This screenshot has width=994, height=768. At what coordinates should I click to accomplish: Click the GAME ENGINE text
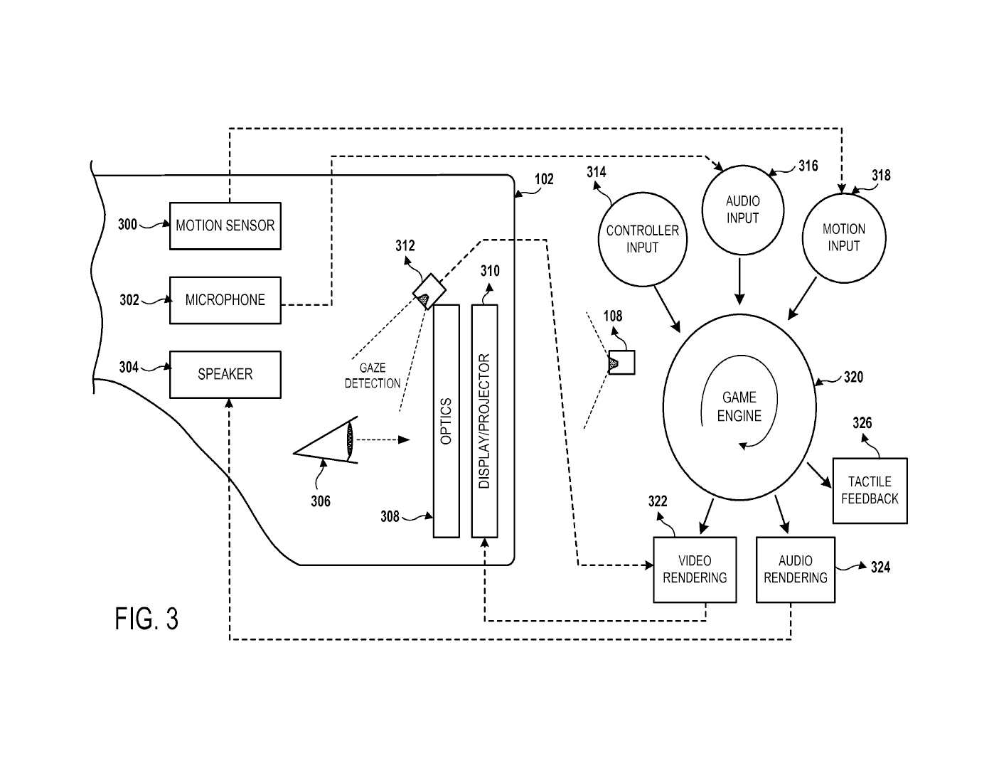coord(739,407)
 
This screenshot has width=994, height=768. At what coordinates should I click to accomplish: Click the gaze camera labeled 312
coord(429,292)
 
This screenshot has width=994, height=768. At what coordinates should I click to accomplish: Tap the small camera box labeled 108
coord(621,363)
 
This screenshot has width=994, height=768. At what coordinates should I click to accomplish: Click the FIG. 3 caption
coord(146,619)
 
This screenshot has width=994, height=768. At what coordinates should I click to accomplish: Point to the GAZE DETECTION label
coord(373,375)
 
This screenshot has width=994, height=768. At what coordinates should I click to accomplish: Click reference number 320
coord(853,378)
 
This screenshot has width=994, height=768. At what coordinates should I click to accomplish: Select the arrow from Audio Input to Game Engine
coord(739,281)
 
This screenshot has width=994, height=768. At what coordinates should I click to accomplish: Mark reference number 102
coord(544,179)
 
